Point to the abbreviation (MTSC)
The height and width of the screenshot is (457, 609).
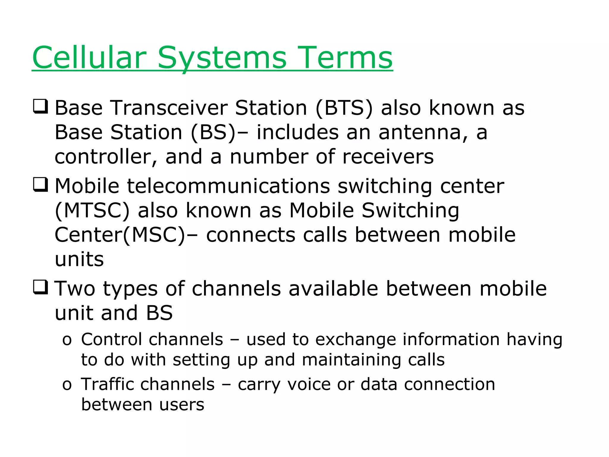pyautogui.click(x=92, y=210)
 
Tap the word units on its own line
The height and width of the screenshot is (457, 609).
pyautogui.click(x=79, y=259)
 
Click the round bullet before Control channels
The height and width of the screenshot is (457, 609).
pyautogui.click(x=67, y=340)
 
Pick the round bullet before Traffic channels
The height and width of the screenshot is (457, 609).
pyautogui.click(x=67, y=385)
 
